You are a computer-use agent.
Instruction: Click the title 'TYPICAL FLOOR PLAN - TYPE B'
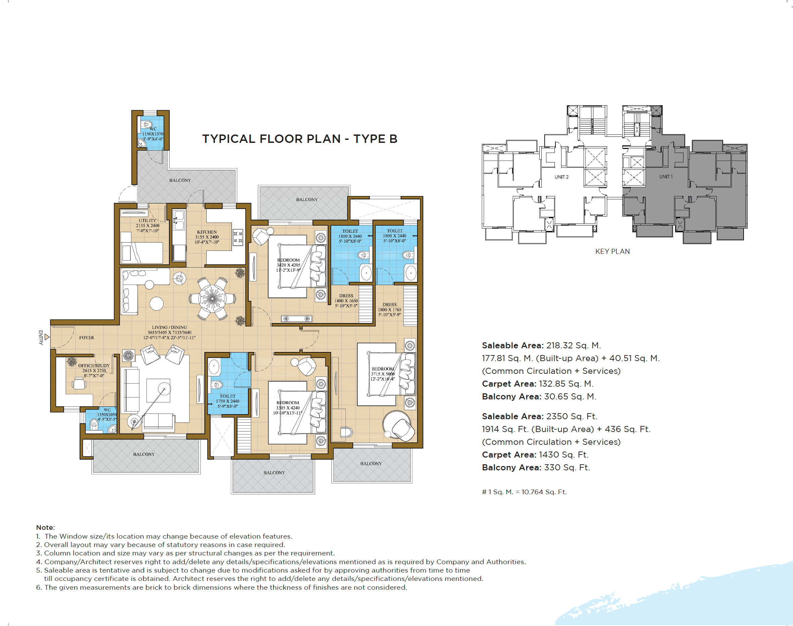[300, 139]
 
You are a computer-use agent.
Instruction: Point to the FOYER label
[86, 338]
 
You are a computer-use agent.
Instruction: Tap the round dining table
[212, 299]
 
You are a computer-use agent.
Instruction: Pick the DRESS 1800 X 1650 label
[346, 301]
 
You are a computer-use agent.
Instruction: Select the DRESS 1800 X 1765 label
[389, 310]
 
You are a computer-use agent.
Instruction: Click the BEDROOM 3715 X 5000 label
[383, 374]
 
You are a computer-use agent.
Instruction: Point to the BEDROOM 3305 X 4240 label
[288, 407]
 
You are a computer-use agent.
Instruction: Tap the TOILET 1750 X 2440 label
[227, 401]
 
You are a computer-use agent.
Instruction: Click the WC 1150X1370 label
[153, 134]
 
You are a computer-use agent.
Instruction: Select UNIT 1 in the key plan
[666, 177]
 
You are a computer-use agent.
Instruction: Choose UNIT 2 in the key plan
[561, 177]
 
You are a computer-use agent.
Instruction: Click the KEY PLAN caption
[613, 251]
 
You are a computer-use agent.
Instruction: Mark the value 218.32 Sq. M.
[573, 345]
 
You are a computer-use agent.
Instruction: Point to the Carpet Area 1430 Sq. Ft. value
[564, 455]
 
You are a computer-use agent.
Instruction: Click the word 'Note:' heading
[45, 527]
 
